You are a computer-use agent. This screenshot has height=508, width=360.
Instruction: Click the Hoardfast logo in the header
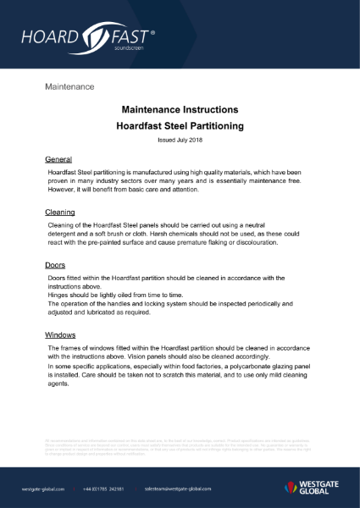(x=89, y=38)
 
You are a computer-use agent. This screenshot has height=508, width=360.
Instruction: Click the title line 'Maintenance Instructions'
(x=180, y=110)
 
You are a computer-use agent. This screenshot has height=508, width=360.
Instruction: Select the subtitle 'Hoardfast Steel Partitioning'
(x=180, y=125)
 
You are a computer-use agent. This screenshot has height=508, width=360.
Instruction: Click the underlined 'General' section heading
(x=58, y=159)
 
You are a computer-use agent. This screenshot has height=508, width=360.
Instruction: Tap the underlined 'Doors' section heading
(x=55, y=265)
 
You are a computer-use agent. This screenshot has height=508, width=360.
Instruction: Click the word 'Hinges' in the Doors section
(x=60, y=295)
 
